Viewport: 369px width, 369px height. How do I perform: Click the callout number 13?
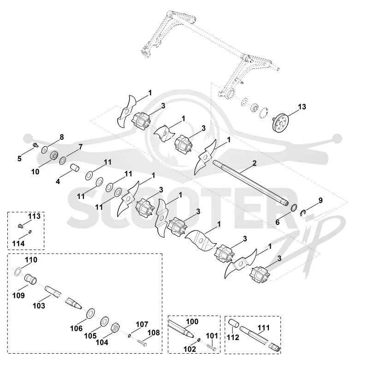(x=302, y=107)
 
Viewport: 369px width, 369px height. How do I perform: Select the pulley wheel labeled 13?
(x=280, y=123)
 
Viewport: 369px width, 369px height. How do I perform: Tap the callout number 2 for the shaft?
(x=254, y=163)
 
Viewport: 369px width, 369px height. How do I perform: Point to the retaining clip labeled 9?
(x=304, y=213)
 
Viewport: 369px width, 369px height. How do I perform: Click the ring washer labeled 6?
(x=293, y=208)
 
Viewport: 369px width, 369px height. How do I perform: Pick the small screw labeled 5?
(x=36, y=145)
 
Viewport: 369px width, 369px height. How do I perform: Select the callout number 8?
(x=62, y=137)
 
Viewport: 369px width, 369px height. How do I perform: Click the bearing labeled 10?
(x=54, y=155)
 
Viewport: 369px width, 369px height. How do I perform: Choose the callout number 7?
(x=81, y=147)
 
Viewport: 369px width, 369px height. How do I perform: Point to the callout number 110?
(x=31, y=260)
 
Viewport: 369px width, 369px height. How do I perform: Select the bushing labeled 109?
(x=31, y=279)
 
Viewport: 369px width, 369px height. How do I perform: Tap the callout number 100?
(x=192, y=321)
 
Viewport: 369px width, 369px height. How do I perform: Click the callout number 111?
(x=263, y=327)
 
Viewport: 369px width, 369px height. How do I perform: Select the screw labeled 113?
(x=20, y=226)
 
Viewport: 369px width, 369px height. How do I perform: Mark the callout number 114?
(x=18, y=244)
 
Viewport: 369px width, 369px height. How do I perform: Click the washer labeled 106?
(x=90, y=313)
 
